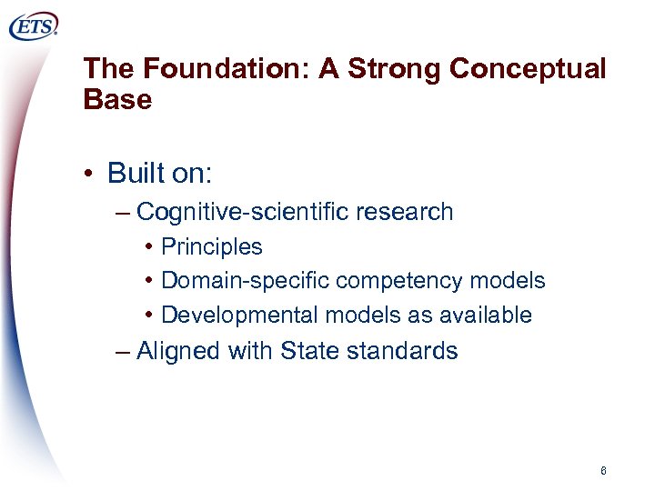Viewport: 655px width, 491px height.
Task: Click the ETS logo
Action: pyautogui.click(x=34, y=27)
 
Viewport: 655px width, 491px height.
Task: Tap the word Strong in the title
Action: pyautogui.click(x=396, y=69)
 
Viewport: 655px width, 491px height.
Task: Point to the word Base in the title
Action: pyautogui.click(x=116, y=100)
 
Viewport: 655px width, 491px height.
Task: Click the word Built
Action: pyautogui.click(x=133, y=173)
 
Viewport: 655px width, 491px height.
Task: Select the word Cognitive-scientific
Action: pyautogui.click(x=243, y=213)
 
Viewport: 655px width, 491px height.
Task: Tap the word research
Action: pyautogui.click(x=405, y=213)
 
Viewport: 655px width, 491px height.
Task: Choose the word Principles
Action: pyautogui.click(x=211, y=247)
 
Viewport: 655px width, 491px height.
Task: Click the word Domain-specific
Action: pyautogui.click(x=245, y=281)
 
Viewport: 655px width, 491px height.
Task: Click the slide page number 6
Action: pyautogui.click(x=603, y=471)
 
